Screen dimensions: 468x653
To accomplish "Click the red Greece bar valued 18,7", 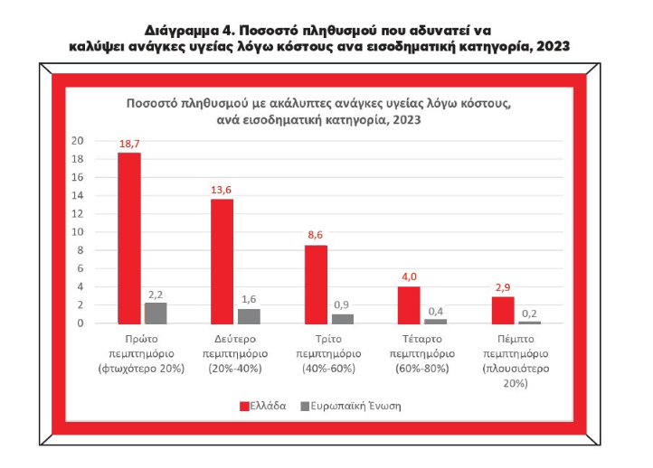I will click(x=129, y=238).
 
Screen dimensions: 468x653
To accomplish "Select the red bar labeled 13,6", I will click(x=222, y=261).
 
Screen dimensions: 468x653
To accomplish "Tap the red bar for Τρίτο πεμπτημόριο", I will click(x=316, y=284).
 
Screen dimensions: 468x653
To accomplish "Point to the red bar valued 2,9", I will click(x=503, y=310).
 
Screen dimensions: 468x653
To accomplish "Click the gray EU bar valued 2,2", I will click(x=156, y=313).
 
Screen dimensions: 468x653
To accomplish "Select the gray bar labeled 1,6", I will click(x=249, y=316).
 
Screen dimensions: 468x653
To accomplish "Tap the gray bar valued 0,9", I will click(x=343, y=319).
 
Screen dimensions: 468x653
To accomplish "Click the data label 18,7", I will click(x=129, y=144).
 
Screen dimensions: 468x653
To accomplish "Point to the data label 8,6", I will click(x=316, y=236).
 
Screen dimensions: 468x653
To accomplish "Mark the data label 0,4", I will click(x=436, y=311).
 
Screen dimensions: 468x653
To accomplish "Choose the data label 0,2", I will click(x=529, y=314).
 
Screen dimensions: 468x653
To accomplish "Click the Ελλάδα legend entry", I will click(x=263, y=406).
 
